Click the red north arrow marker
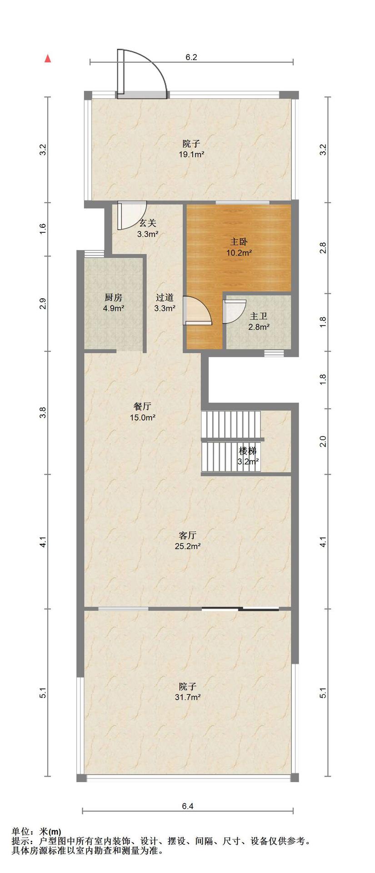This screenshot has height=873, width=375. pos(47,58)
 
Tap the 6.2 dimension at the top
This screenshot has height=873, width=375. pos(191,57)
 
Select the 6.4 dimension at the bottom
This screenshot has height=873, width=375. pos(188,806)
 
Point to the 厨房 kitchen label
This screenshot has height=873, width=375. pos(113,298)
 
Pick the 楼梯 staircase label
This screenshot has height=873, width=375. pos(248,451)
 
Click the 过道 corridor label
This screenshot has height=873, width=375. pos(165,298)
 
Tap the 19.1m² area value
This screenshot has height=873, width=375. pos(191,155)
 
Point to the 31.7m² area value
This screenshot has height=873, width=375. pos(189,697)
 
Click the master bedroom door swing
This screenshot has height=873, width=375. pos(199,310)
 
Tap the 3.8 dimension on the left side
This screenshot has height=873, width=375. pos(43,413)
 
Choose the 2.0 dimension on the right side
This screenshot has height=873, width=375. pos(323,442)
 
